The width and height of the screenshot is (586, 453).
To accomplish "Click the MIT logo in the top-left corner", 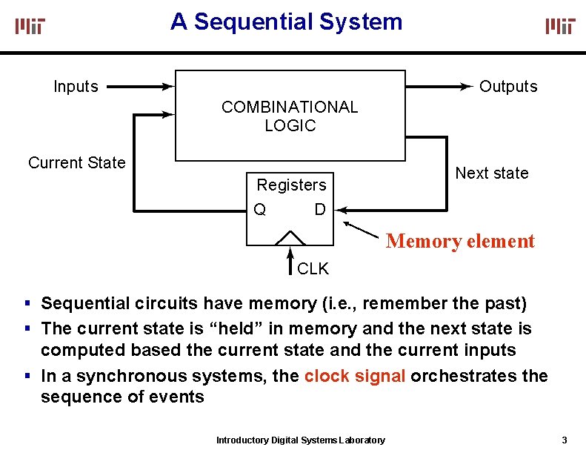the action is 30,26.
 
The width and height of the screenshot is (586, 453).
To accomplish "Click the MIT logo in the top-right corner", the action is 560,26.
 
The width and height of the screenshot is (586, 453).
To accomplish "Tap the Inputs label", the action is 76,87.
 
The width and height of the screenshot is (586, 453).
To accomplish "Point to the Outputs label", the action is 508,87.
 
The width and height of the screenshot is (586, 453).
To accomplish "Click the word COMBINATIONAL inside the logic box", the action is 290,107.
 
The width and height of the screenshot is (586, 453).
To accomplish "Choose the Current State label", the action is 77,162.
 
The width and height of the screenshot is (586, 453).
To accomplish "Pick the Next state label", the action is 492,173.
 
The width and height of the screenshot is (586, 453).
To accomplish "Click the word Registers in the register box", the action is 291,185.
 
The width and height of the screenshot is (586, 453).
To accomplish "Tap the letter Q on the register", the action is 260,209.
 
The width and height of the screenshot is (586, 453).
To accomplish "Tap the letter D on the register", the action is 320,209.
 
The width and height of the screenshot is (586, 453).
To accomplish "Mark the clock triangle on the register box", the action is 290,238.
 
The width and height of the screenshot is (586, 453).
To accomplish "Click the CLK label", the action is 313,268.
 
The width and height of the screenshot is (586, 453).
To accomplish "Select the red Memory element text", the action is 461,241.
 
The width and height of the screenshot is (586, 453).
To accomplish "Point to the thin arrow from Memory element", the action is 361,230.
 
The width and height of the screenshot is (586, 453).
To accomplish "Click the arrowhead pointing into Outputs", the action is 467,87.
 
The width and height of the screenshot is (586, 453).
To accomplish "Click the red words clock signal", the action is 355,376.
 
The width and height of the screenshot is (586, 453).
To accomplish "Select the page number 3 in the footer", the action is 565,440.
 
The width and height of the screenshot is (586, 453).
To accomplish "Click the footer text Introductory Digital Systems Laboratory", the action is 301,440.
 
